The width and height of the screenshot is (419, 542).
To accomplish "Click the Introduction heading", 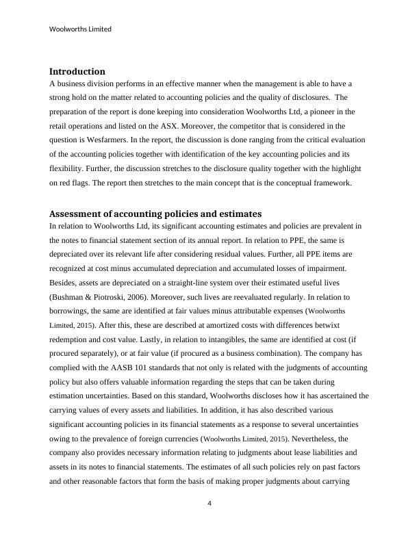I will pos(77,71).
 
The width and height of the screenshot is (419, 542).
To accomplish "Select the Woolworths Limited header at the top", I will pos(81,29).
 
